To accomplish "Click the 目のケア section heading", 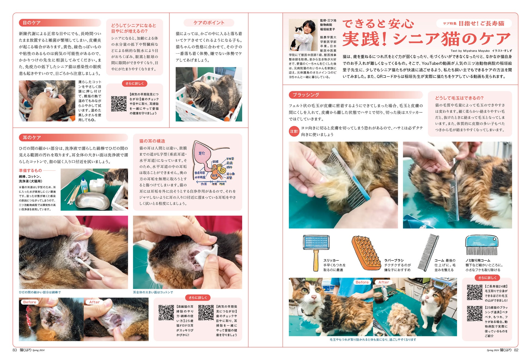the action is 32,23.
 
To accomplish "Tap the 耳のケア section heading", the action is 32,138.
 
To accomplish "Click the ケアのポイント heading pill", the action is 209,23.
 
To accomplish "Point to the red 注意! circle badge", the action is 294,131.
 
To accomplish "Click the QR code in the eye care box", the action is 119,104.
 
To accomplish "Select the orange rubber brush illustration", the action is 366,253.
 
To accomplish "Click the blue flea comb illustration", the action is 481,245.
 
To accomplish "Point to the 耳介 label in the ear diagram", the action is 202,153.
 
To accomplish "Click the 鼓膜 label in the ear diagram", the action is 215,162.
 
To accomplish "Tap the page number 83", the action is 15,350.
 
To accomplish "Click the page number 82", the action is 516,350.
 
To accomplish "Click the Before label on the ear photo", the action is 29,302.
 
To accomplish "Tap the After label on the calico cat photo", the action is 384,282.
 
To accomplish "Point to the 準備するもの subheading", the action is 30,171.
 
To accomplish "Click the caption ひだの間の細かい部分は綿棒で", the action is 40,292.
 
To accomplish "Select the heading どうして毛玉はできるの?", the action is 459,98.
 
